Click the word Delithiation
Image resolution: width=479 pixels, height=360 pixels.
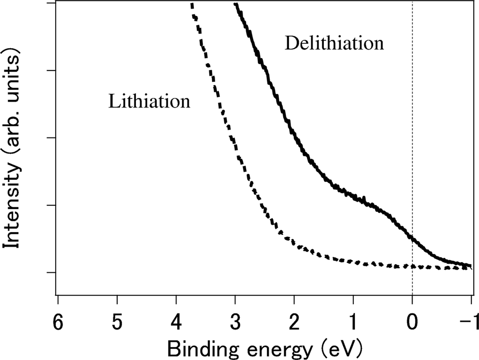(334, 43)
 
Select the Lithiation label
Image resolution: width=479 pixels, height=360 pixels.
(149, 101)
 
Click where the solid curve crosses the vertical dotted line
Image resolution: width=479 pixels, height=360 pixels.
(412, 237)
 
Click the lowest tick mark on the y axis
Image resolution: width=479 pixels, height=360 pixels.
(52, 272)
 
